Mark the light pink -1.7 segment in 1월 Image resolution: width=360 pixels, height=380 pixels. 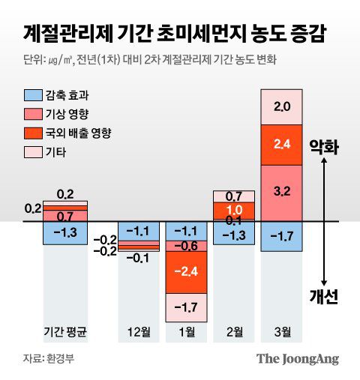[x=187, y=306]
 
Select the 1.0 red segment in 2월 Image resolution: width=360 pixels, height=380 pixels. [x=234, y=209]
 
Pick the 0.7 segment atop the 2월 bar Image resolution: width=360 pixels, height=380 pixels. [x=234, y=196]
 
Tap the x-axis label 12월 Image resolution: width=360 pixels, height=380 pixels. [x=141, y=330]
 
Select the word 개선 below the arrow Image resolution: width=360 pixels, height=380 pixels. [x=324, y=295]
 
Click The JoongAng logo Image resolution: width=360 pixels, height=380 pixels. [x=298, y=358]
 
